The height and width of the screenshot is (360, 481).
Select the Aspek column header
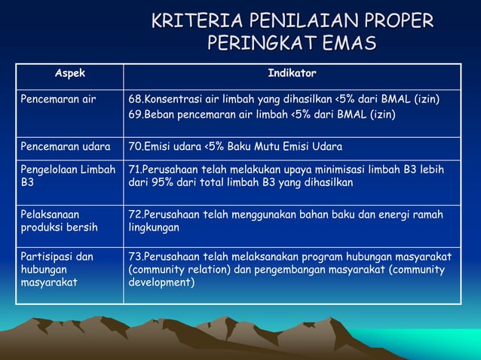point(70,74)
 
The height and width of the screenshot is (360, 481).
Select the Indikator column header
point(292,74)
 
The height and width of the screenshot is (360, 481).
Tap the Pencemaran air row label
point(58,99)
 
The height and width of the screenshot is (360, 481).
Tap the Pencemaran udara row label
point(65,146)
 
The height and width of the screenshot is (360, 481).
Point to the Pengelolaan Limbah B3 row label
point(68,175)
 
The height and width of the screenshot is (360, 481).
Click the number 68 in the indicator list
point(135,99)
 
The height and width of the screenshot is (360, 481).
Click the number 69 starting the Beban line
point(135,114)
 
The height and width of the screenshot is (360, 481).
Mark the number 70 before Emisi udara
point(135,146)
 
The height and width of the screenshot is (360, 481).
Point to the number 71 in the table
point(135,169)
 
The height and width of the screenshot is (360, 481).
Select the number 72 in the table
point(135,215)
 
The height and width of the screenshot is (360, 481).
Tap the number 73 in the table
point(135,257)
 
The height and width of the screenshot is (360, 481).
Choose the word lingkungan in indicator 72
point(154,227)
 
